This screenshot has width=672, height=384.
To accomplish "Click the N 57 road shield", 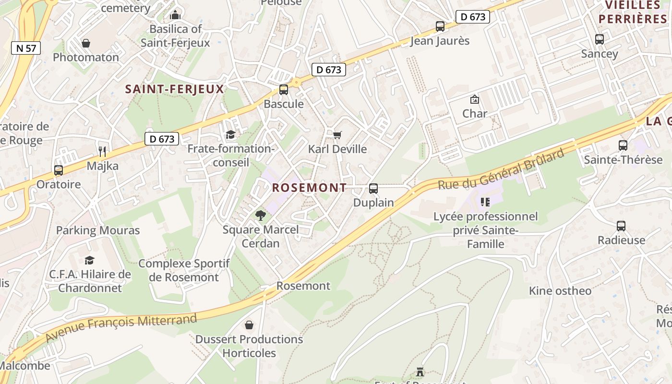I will coord(26,48).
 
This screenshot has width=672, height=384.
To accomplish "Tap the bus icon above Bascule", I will coord(284,90).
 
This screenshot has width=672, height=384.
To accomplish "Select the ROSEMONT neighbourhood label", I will coord(309,188).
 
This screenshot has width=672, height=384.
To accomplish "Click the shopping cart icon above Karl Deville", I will coord(337,135).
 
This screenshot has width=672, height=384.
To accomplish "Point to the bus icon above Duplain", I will coord(373,189).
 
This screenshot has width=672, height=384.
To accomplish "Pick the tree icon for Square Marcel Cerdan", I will coord(261,216).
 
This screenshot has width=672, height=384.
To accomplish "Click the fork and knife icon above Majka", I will coord(102,152).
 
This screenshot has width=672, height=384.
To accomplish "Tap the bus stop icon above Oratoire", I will coord(59,170).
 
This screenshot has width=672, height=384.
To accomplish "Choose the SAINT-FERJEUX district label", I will coord(175,89).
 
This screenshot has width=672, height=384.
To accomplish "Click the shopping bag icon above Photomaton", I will coord(86,43).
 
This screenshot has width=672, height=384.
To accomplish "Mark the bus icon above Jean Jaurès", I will coord(440,26).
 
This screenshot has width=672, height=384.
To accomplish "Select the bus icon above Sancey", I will coord(600,39).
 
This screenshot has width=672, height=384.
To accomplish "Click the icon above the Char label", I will coord(475,99).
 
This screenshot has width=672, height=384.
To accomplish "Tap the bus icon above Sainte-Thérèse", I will coord(623,145).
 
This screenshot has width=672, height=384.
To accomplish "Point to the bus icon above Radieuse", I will coord(621,226).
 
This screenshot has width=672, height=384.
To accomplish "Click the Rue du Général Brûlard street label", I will coord(501,170).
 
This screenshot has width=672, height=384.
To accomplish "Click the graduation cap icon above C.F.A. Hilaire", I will coord(89,260).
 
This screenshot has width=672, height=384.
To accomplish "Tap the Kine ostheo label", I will coord(560,291).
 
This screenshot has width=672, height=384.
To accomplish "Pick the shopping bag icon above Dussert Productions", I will coord(249,325).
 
